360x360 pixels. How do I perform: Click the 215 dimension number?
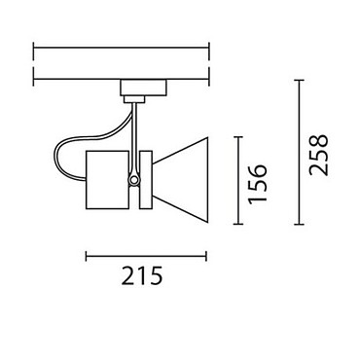coord(142,276)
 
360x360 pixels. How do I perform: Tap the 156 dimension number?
coord(258,185)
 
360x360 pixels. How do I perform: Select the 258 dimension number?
coord(318,155)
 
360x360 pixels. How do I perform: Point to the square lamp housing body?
coord(106,180)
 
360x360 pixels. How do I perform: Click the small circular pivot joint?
coord(133,180)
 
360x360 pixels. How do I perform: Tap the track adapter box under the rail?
coord(143,88)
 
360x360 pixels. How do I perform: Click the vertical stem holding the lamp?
coord(134,139)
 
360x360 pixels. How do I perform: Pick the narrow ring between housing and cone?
coord(146,180)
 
